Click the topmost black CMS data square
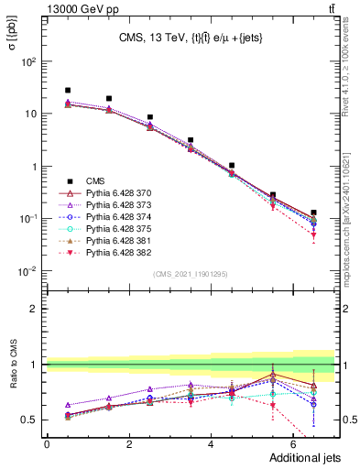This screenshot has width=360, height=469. [68, 91]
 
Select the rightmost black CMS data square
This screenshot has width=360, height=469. [313, 213]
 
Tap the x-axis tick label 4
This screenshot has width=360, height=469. [211, 443]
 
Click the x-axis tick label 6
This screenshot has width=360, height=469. [293, 443]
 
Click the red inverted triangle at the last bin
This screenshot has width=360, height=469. [313, 236]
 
